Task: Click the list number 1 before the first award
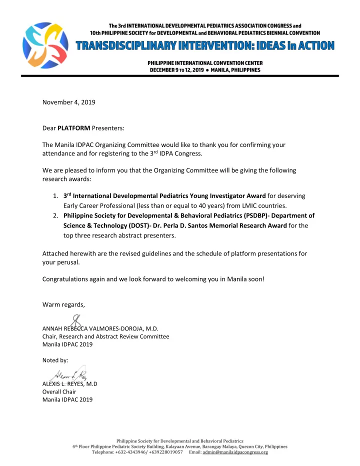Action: coord(55,195)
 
